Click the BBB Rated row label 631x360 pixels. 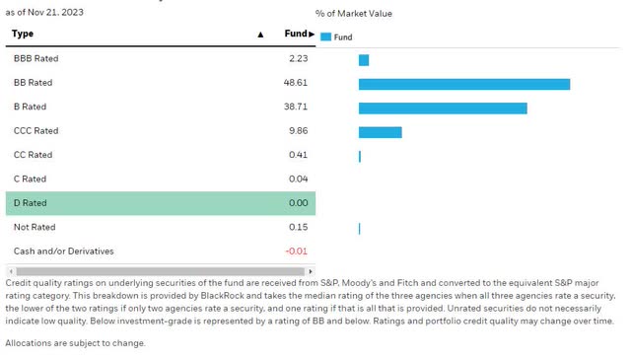pyautogui.click(x=35, y=59)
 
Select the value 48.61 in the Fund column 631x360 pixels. pyautogui.click(x=296, y=83)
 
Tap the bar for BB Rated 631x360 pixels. pyautogui.click(x=463, y=84)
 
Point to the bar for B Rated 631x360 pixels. pyautogui.click(x=443, y=108)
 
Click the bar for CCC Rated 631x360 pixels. pyautogui.click(x=380, y=132)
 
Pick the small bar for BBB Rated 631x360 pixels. pyautogui.click(x=364, y=60)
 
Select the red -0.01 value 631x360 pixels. pyautogui.click(x=296, y=252)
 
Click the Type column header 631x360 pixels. pyautogui.click(x=23, y=35)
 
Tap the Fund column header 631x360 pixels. pyautogui.click(x=296, y=35)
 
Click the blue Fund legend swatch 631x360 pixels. pyautogui.click(x=325, y=37)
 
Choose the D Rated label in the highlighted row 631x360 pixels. pyautogui.click(x=30, y=203)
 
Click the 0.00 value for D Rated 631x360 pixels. pyautogui.click(x=298, y=203)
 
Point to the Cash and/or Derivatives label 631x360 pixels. pyautogui.click(x=63, y=252)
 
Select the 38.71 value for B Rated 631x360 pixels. pyautogui.click(x=296, y=108)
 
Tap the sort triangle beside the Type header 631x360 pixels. pyautogui.click(x=260, y=35)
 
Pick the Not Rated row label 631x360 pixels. pyautogui.click(x=34, y=228)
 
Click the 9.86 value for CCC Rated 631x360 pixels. pyautogui.click(x=298, y=131)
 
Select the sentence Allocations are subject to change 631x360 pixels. pyautogui.click(x=75, y=343)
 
